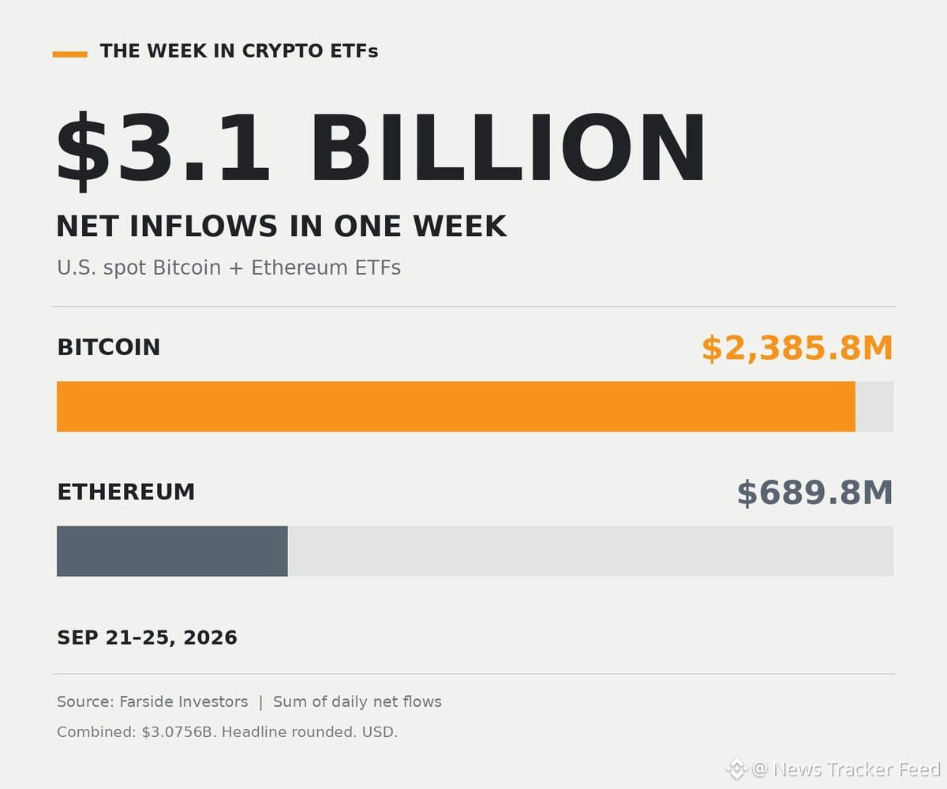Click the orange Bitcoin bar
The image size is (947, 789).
456,406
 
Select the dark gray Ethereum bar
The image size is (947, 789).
172,551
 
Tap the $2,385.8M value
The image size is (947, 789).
797,348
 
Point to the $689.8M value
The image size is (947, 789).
815,493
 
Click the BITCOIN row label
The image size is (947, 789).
109,347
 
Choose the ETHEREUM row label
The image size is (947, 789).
126,492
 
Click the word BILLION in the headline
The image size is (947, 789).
507,148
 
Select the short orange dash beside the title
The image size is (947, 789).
70,54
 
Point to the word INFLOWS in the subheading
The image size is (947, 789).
203,226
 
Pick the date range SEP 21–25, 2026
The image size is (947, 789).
147,638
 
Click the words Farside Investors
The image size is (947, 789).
184,701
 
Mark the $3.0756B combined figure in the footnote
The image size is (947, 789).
178,732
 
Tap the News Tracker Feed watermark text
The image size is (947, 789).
857,769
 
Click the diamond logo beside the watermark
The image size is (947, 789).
736,769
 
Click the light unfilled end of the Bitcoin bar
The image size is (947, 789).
874,406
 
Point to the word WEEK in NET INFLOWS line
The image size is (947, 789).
460,226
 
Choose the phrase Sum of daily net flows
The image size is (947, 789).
357,701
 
